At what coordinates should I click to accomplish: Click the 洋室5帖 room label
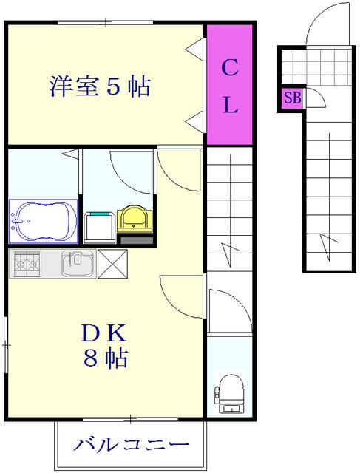click(x=100, y=87)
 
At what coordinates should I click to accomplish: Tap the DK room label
click(x=103, y=333)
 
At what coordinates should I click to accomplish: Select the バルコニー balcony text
click(x=131, y=444)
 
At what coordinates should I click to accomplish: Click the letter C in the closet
click(x=230, y=67)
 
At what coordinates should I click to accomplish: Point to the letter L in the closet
click(x=231, y=104)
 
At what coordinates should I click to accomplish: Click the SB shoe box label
click(x=292, y=98)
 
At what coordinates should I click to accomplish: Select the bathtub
click(x=43, y=221)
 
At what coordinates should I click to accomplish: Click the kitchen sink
click(x=78, y=263)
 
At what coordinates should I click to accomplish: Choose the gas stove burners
click(x=27, y=264)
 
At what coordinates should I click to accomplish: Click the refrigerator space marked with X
click(x=112, y=264)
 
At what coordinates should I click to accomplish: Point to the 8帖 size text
click(x=105, y=358)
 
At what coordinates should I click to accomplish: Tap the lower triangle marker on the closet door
click(x=194, y=121)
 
